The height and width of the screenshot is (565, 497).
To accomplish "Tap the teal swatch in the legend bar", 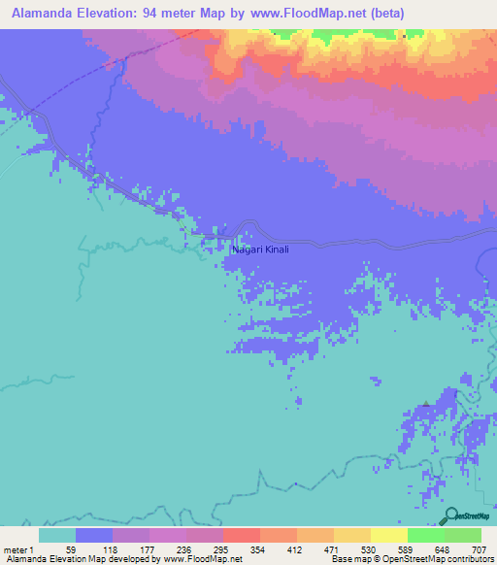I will [57, 535].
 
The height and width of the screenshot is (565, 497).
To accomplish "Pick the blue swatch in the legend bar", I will [94, 535].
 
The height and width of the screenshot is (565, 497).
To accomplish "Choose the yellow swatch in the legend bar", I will [389, 535].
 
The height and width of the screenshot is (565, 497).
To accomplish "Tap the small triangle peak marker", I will [425, 404].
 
